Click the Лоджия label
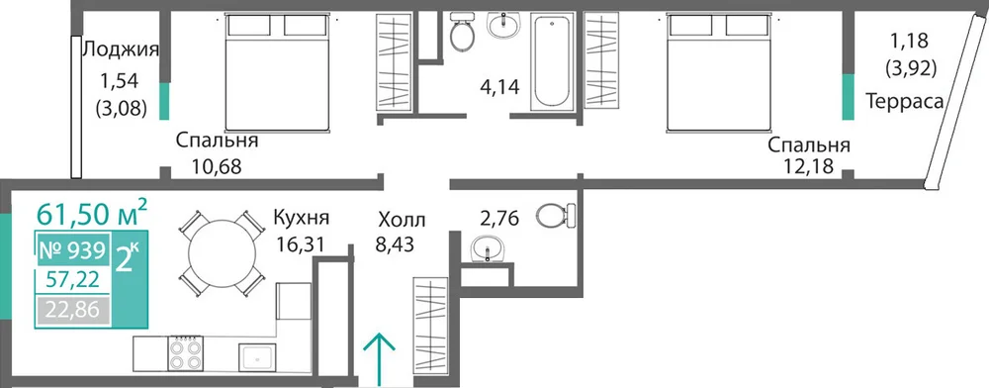[x=121, y=50]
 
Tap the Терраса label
[x=905, y=100]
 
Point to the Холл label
[x=402, y=221]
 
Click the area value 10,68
[x=217, y=167]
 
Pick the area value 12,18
[x=808, y=167]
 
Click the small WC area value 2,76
[x=499, y=219]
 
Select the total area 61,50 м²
[x=92, y=213]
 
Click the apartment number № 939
[x=72, y=251]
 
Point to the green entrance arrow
[x=380, y=359]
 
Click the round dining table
[x=223, y=253]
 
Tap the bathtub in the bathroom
[x=551, y=61]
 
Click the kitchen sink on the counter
[x=257, y=357]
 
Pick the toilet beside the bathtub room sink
[x=463, y=34]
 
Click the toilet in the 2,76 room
[x=557, y=215]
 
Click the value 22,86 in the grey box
[x=73, y=312]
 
